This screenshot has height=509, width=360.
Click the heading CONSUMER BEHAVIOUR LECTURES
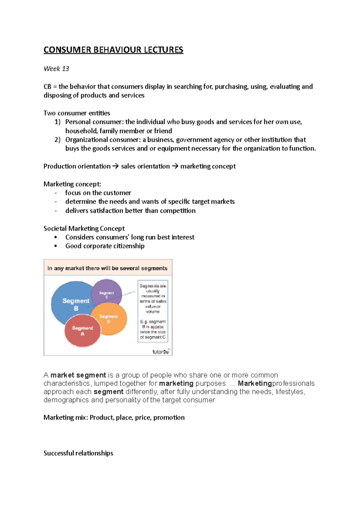tap(113, 50)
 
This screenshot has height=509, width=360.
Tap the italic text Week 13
tap(56, 69)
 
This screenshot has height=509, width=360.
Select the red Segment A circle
tap(82, 331)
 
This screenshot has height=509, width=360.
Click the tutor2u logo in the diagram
tap(161, 352)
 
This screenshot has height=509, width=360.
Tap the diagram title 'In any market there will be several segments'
tap(107, 268)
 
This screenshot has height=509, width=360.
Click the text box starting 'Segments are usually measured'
tap(153, 311)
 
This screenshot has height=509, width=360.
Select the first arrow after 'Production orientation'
tap(115, 166)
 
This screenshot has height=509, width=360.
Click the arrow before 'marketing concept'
tap(175, 166)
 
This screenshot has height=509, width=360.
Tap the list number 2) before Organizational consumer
tap(58, 140)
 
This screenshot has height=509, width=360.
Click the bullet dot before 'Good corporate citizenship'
tap(56, 246)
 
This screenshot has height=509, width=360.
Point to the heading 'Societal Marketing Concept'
tap(84, 228)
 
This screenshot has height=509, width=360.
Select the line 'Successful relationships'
tap(78, 453)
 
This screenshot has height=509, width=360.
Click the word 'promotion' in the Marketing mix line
tap(169, 418)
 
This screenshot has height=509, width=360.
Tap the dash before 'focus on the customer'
tap(56, 193)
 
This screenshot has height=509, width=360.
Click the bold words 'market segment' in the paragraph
tap(78, 375)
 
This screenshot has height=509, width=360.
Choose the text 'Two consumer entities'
tap(77, 113)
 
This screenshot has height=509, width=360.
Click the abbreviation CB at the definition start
tap(47, 87)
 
